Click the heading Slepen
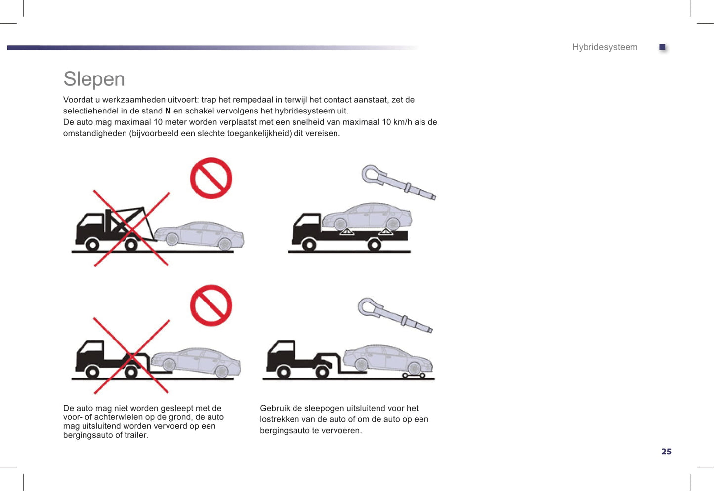94,79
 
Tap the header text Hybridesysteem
604,47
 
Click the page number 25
666,452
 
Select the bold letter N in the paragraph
168,111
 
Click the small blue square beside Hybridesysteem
662,47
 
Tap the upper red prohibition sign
211,178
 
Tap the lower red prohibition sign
211,305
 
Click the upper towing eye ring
372,175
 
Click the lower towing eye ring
368,307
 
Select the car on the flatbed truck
367,217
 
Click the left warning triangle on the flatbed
347,231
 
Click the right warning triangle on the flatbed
385,231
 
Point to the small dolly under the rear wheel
414,376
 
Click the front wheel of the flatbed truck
309,244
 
